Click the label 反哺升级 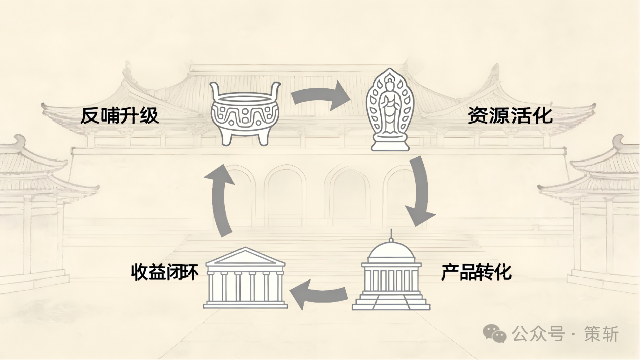pyautogui.click(x=119, y=116)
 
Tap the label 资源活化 pyautogui.click(x=509, y=116)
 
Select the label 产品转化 pyautogui.click(x=476, y=273)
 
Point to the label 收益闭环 pyautogui.click(x=165, y=273)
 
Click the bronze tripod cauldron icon pyautogui.click(x=246, y=113)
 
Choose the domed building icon pyautogui.click(x=391, y=274)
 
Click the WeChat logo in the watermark pyautogui.click(x=494, y=333)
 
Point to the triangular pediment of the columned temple pyautogui.click(x=246, y=257)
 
